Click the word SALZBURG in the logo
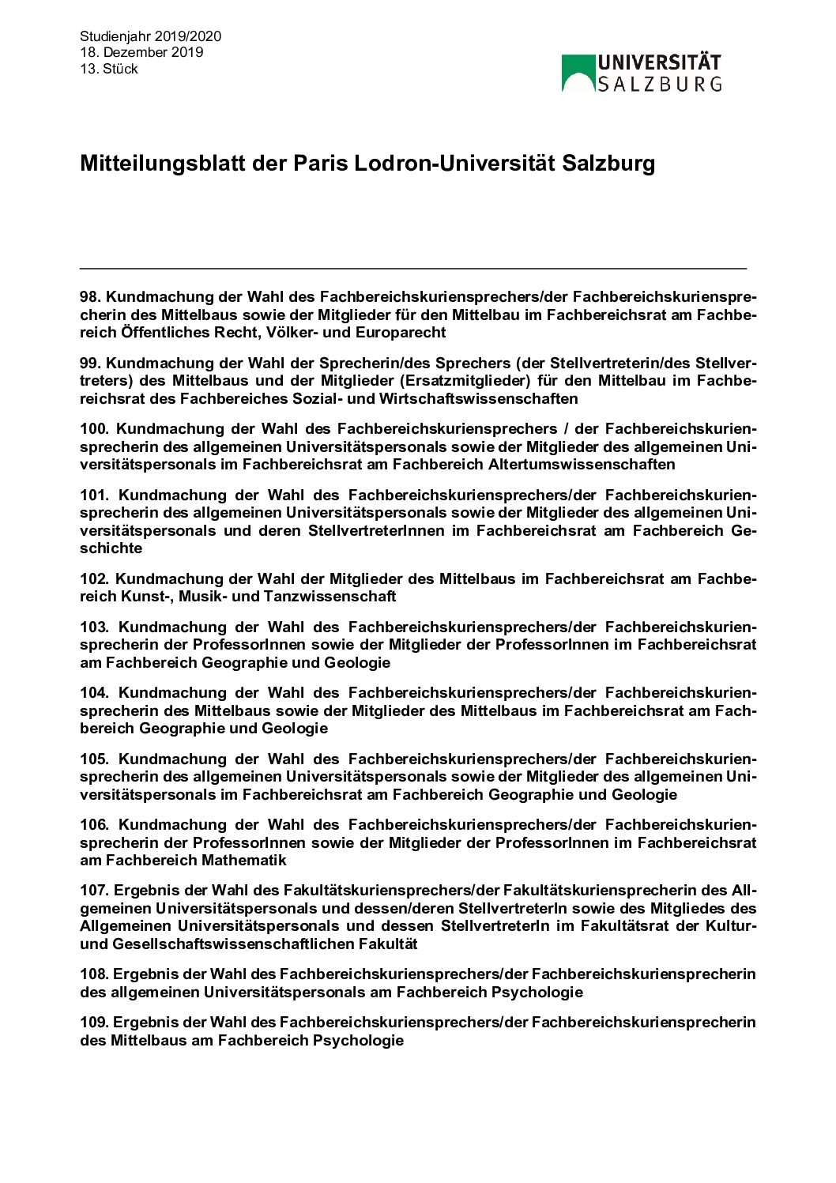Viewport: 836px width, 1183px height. coord(659,84)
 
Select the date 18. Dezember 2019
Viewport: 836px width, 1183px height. coord(141,52)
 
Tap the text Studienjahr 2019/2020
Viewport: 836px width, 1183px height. coord(150,36)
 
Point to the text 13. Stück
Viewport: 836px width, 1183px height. coord(109,69)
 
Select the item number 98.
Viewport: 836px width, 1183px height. coord(90,297)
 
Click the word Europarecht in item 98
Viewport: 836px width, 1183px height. coord(401,333)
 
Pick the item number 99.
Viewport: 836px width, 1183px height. coord(90,364)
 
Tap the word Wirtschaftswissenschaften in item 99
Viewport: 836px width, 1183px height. coord(478,399)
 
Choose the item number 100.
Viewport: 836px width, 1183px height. coord(95,429)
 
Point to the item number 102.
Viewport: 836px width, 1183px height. coord(95,579)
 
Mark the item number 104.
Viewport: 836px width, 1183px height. coord(95,693)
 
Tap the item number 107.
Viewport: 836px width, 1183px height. coord(95,891)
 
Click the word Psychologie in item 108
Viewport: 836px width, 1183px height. coord(537,992)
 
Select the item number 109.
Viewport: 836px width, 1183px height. coord(95,1023)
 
